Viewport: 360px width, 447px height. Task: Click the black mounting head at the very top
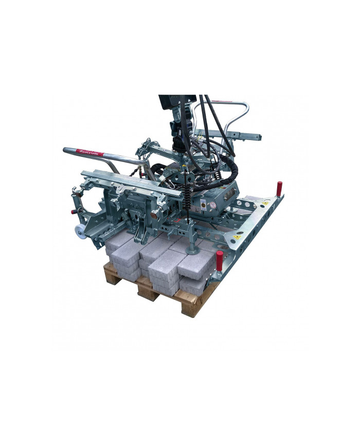(176, 101)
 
